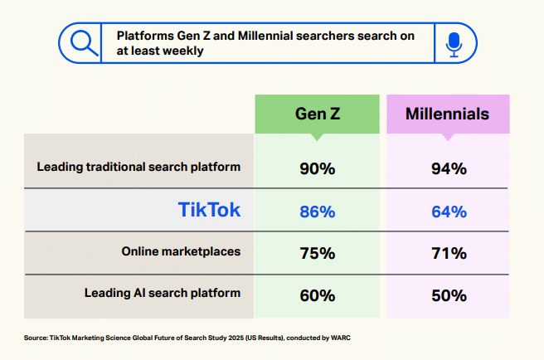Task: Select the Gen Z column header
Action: click(x=316, y=114)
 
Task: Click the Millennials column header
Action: click(x=447, y=114)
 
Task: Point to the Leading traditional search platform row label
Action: click(x=138, y=167)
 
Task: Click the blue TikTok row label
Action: click(x=210, y=210)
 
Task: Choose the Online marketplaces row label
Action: click(x=181, y=251)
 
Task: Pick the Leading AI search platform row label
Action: click(x=163, y=293)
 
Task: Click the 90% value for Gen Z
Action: click(x=316, y=168)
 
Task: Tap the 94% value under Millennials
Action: click(x=449, y=168)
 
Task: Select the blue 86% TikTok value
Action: click(x=316, y=212)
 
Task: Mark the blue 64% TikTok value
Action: click(x=449, y=212)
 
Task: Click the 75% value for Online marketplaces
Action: click(x=316, y=253)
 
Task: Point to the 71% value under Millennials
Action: click(x=449, y=253)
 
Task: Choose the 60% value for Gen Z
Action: click(x=316, y=295)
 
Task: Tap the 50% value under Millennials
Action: click(x=449, y=295)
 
